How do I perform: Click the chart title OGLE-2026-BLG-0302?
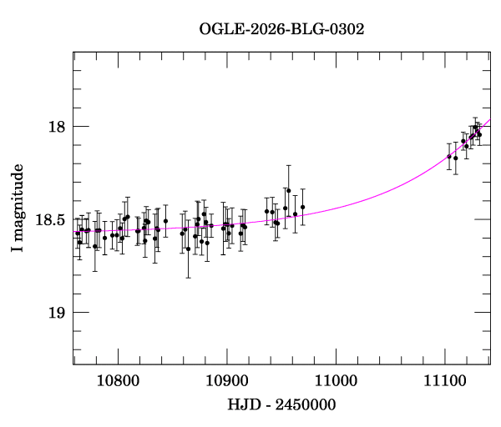281,29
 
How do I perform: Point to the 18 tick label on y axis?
57,127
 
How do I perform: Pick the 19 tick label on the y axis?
57,313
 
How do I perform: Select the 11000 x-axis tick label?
336,380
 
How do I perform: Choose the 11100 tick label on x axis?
445,380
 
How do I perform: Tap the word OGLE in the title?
218,29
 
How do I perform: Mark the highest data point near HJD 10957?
289,190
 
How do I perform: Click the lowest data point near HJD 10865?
189,249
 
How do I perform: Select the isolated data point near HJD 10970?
303,207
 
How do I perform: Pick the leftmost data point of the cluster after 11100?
449,157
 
